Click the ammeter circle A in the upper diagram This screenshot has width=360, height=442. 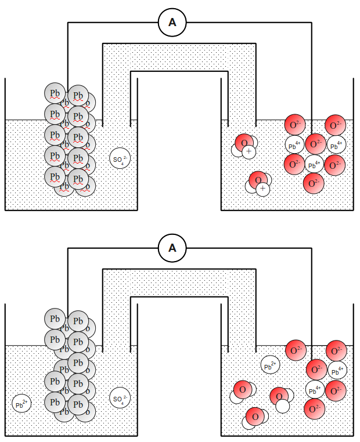[172, 23]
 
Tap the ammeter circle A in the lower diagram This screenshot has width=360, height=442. [172, 248]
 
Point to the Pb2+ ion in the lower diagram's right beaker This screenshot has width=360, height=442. [271, 365]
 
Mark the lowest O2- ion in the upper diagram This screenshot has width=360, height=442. [314, 183]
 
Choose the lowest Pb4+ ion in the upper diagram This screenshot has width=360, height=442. [314, 164]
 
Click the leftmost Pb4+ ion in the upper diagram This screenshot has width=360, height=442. [294, 145]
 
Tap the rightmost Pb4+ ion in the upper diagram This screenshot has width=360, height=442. [337, 145]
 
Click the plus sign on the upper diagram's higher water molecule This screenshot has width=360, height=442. [249, 151]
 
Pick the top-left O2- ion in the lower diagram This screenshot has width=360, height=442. [296, 350]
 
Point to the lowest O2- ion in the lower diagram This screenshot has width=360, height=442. [314, 410]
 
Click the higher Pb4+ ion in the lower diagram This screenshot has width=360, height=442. [337, 370]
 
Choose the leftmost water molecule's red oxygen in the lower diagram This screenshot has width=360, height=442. [243, 388]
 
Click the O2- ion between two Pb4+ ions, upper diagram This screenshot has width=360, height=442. [316, 144]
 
